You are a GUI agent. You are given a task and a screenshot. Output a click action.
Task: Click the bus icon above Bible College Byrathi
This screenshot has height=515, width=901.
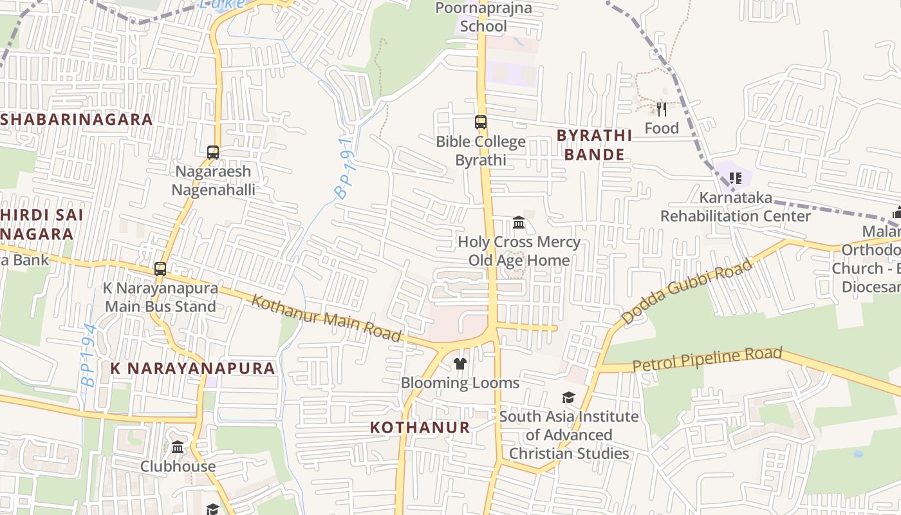click(x=481, y=122)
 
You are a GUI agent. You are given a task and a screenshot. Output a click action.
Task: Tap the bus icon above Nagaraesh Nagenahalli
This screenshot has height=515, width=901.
click(x=213, y=153)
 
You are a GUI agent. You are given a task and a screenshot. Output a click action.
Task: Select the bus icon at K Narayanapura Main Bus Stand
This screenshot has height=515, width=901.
click(x=160, y=269)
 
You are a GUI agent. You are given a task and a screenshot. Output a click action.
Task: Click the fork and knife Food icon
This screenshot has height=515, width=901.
click(x=662, y=109)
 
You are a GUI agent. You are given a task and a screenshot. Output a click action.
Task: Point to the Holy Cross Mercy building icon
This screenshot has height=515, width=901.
click(x=519, y=223)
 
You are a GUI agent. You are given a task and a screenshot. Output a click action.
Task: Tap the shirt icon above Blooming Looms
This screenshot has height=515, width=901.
click(x=460, y=364)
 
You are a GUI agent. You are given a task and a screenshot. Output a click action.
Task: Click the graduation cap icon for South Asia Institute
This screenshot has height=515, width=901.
click(x=568, y=397)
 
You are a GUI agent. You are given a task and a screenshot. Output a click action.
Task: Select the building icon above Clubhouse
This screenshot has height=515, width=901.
click(x=178, y=447)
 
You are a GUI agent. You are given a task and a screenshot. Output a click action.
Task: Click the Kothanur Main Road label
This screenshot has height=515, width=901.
click(x=326, y=318)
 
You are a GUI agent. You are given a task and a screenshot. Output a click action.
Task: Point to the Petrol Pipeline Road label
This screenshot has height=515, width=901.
click(x=707, y=359)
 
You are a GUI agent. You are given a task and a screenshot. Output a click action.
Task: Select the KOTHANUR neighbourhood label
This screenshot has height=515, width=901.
click(x=420, y=427)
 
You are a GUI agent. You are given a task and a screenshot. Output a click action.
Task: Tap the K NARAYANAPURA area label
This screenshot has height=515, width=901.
click(x=193, y=368)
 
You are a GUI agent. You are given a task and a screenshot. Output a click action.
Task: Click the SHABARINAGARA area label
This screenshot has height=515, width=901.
click(x=77, y=119)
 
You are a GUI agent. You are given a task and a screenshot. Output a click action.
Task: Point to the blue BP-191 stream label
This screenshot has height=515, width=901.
click(x=344, y=168)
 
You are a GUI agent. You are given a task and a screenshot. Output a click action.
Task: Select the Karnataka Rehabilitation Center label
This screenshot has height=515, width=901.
click(x=736, y=207)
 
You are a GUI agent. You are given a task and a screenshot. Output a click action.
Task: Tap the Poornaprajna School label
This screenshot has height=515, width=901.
click(x=483, y=17)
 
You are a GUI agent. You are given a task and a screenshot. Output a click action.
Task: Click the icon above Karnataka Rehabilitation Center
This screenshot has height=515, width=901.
click(x=736, y=178)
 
